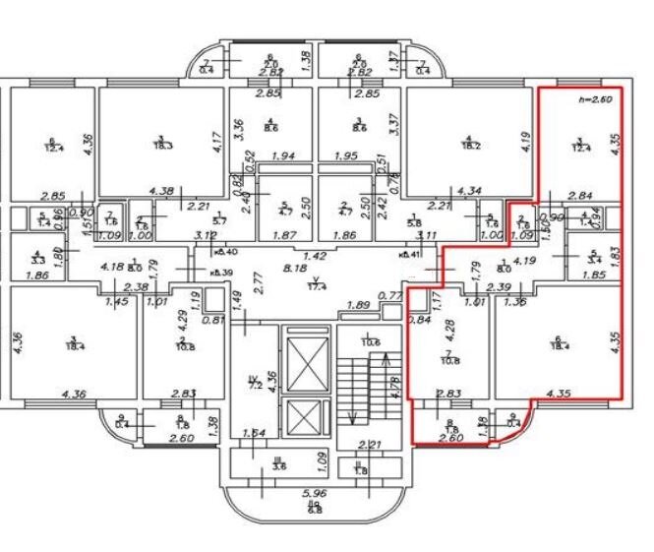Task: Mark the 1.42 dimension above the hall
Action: pyautogui.click(x=314, y=255)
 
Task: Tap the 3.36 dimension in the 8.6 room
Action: pyautogui.click(x=239, y=129)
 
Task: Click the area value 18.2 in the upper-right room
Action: pyautogui.click(x=470, y=144)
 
